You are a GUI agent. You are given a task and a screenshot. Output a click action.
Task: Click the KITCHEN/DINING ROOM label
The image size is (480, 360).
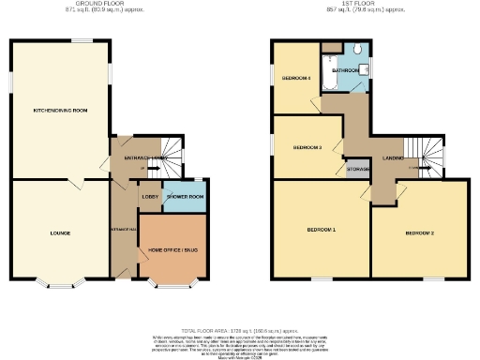point(60,111)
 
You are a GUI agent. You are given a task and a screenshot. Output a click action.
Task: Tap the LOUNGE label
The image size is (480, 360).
point(60,232)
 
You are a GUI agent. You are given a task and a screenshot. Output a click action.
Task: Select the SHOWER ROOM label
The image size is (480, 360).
point(185,197)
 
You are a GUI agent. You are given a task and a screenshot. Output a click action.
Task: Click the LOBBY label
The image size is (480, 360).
point(148,197)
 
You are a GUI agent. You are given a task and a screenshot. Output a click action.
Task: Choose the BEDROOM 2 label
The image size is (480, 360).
point(419,232)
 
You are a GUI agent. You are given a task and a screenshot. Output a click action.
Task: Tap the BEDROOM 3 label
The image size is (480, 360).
point(307,147)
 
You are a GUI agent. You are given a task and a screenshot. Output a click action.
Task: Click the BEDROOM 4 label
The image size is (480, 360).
point(296,78)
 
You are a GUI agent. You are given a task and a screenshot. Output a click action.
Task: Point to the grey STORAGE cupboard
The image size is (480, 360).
point(355,170)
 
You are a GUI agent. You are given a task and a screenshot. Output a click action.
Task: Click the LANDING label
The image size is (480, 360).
point(392,159)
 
